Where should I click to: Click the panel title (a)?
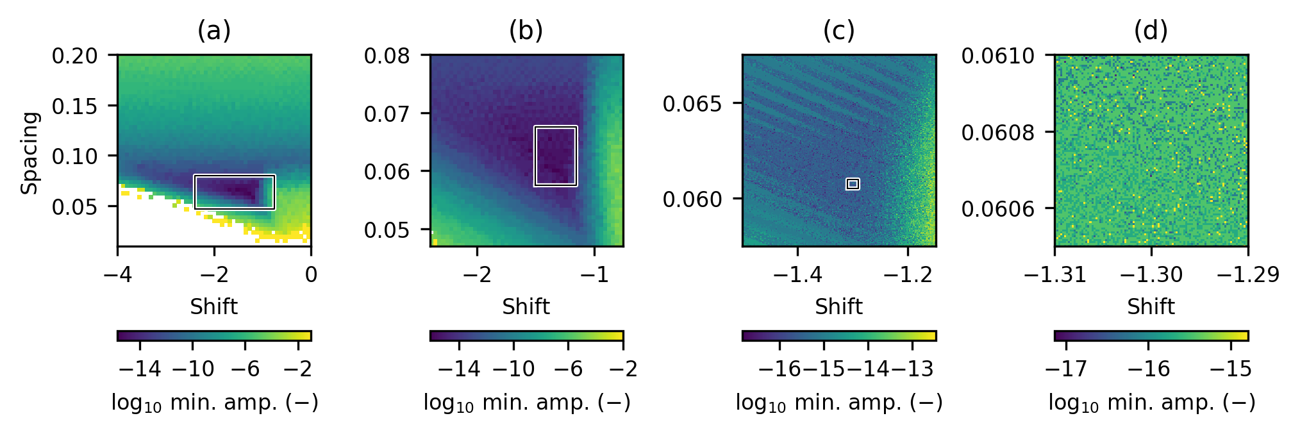pyautogui.click(x=213, y=31)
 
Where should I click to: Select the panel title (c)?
pyautogui.click(x=838, y=31)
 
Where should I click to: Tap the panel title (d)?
pyautogui.click(x=1151, y=31)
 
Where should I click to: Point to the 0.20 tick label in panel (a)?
pyautogui.click(x=74, y=56)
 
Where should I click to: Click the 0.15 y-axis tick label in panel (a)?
pyautogui.click(x=74, y=106)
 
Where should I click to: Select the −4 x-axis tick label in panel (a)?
pyautogui.click(x=117, y=275)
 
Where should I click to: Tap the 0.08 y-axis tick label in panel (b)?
pyautogui.click(x=387, y=56)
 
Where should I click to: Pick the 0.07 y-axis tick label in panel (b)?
pyautogui.click(x=387, y=114)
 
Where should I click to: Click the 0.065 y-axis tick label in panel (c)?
pyautogui.click(x=692, y=104)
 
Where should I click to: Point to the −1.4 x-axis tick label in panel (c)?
pyautogui.click(x=797, y=275)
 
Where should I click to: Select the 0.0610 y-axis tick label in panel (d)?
pyautogui.click(x=997, y=56)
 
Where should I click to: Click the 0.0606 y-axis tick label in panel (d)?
pyautogui.click(x=997, y=208)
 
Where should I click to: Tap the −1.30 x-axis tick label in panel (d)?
pyautogui.click(x=1151, y=275)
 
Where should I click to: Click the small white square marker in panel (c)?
pyautogui.click(x=853, y=184)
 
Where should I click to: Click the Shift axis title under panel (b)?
pyautogui.click(x=526, y=307)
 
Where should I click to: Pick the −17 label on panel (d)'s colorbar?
pyautogui.click(x=1066, y=369)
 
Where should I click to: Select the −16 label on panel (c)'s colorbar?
pyautogui.click(x=779, y=369)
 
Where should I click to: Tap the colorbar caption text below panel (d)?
pyautogui.click(x=1151, y=403)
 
